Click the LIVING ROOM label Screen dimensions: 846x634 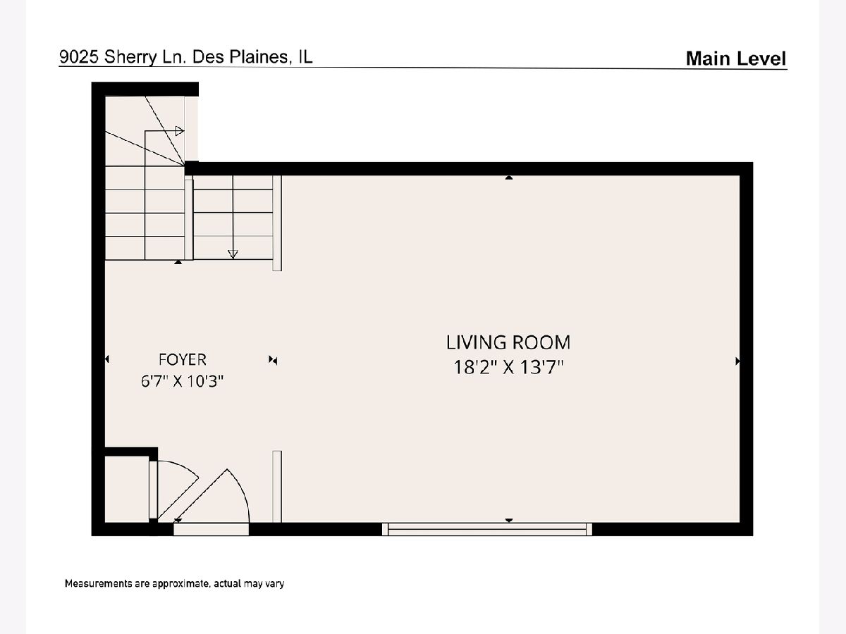pos(508,342)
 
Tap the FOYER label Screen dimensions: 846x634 pos(183,359)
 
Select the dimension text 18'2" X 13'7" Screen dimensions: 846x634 pos(509,367)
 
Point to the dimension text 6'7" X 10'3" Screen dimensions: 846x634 pos(183,381)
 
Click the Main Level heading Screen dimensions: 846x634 pos(736,58)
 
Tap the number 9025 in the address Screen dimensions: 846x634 pos(80,57)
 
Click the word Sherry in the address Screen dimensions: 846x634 pos(130,58)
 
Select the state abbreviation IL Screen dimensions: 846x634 pos(305,56)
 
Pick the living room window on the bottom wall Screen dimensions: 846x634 pos(487,529)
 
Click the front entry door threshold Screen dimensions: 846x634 pos(211,529)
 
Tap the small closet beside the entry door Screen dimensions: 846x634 pos(127,490)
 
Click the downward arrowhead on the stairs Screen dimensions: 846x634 pos(233,254)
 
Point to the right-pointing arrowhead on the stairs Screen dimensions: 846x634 pos(180,131)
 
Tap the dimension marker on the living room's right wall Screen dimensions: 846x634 pos(737,361)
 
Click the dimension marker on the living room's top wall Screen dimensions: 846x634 pos(509,178)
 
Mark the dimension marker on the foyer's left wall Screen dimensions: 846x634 pos(107,359)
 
